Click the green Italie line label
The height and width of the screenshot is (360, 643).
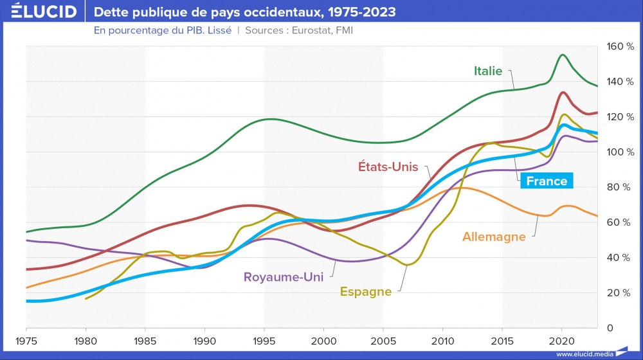(488, 71)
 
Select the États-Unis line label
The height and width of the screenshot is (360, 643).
(388, 167)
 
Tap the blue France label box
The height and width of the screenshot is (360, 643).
(547, 181)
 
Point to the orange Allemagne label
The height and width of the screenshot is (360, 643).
(494, 237)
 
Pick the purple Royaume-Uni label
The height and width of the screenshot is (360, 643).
(283, 278)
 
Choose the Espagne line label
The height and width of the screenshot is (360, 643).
(365, 291)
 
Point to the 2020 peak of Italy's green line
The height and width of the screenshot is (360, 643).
(563, 55)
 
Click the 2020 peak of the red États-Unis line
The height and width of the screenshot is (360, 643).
(563, 93)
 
